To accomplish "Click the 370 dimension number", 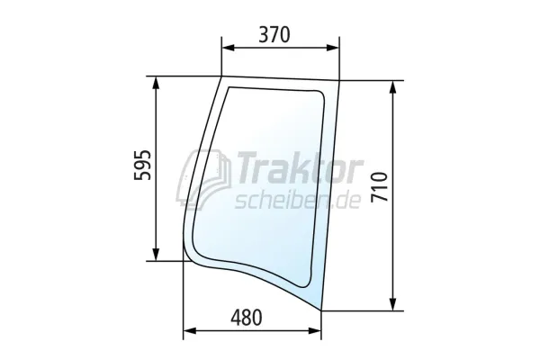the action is coord(274,35).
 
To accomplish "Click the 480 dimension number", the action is coord(247,318).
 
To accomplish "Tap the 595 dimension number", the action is coord(142,165).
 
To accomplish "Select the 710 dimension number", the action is coord(380,187).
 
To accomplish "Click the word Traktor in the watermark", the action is coord(298,168).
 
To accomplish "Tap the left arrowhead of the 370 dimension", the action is coord(228,48).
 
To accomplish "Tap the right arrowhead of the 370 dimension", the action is coord(332,48).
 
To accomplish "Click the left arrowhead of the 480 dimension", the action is coord(190,330).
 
